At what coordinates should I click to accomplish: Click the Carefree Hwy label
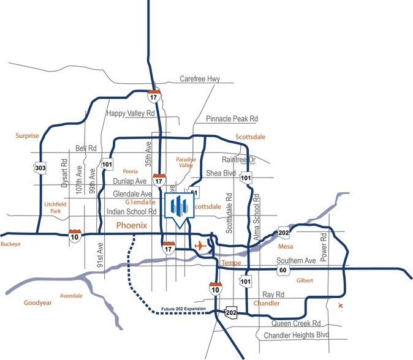point(199,79)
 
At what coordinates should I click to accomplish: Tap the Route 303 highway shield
point(40,167)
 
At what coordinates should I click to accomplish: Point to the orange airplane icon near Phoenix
point(199,246)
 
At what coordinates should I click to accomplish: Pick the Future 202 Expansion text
point(186,309)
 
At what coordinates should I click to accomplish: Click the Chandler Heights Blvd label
point(297,336)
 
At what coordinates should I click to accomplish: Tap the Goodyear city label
point(40,302)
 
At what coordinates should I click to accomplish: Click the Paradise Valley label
point(186,162)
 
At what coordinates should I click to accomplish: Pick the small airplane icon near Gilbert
point(341,305)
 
